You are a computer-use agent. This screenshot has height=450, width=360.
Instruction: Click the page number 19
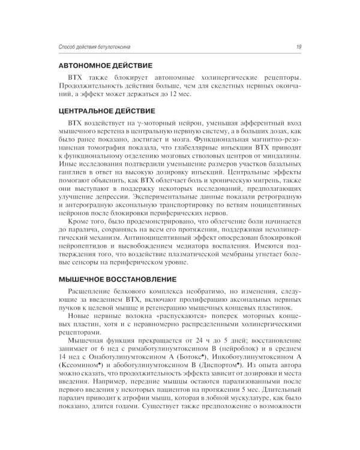[x=298, y=48]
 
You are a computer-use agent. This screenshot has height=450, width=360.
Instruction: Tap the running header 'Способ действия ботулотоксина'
[x=97, y=48]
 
